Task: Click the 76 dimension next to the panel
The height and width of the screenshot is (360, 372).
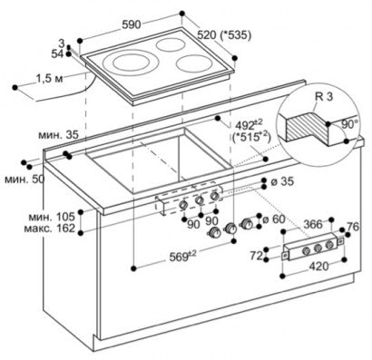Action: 353,226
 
